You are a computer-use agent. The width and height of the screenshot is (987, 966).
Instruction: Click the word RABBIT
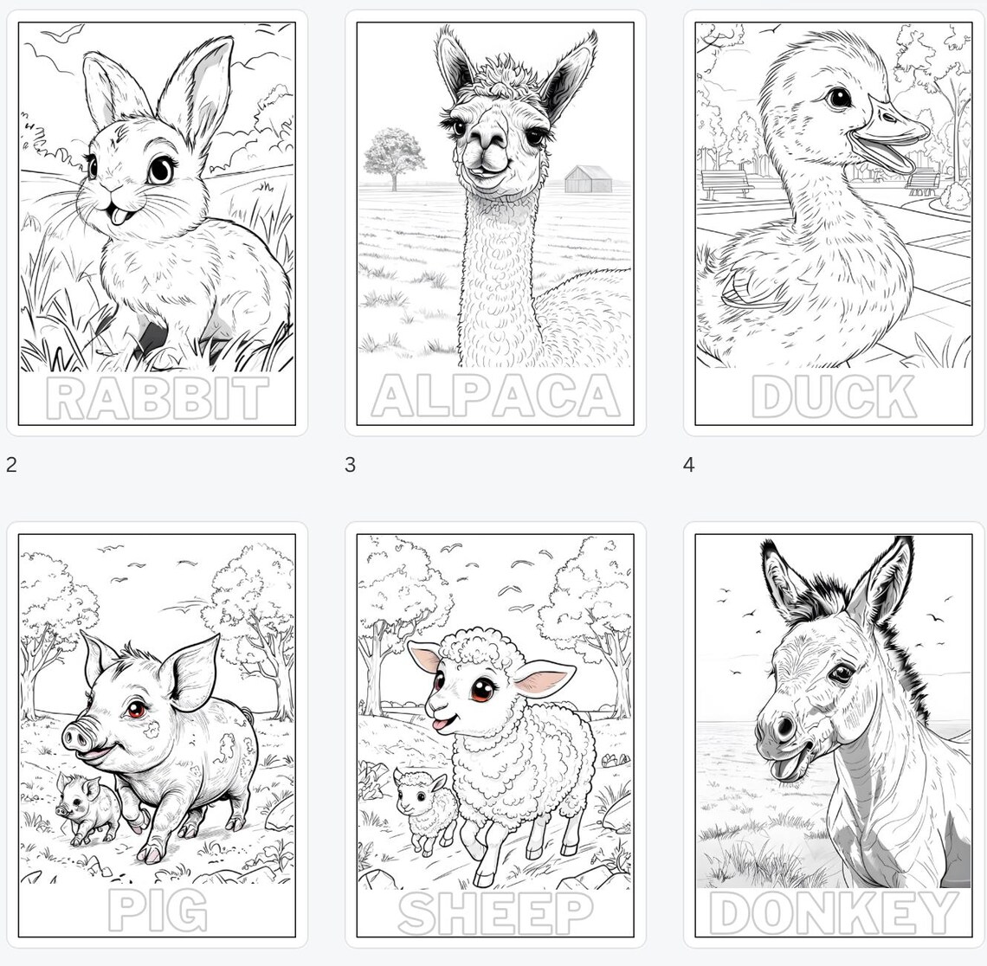pyautogui.click(x=157, y=398)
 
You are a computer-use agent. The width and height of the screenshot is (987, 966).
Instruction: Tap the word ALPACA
pyautogui.click(x=495, y=397)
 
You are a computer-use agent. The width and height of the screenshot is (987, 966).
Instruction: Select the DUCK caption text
pyautogui.click(x=833, y=397)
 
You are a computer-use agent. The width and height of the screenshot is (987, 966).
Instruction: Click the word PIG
pyautogui.click(x=158, y=911)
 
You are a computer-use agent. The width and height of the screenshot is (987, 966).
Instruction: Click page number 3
pyautogui.click(x=350, y=465)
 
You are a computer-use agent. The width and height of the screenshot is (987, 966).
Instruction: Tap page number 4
pyautogui.click(x=688, y=465)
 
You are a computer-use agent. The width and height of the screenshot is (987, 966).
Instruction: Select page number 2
pyautogui.click(x=11, y=465)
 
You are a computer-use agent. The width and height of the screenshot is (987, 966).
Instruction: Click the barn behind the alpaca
pyautogui.click(x=589, y=179)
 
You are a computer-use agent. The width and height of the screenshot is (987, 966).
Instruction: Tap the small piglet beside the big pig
pyautogui.click(x=87, y=808)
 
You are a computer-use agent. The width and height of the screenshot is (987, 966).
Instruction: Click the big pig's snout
pyautogui.click(x=78, y=737)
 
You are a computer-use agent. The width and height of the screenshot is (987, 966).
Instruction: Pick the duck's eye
pyautogui.click(x=838, y=97)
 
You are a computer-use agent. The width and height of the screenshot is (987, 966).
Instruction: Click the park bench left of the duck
pyautogui.click(x=726, y=183)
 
